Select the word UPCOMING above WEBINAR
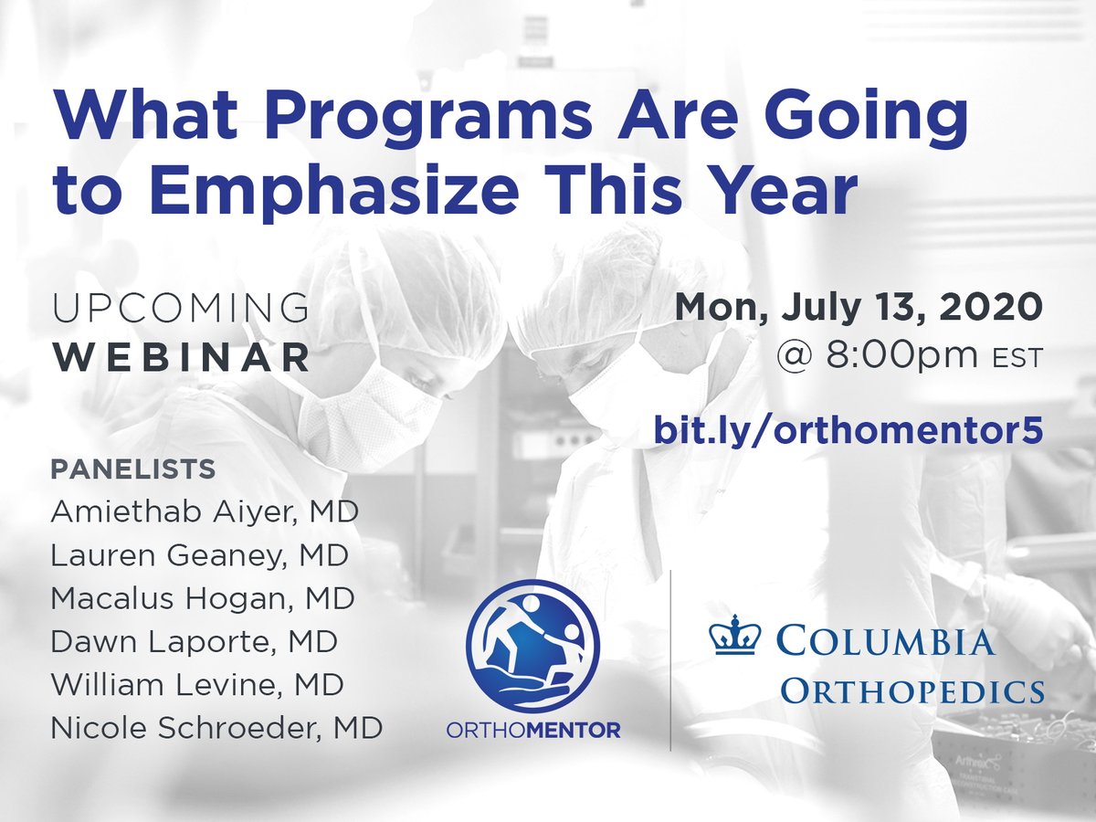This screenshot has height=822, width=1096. coord(181,310)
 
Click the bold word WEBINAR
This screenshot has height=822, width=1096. coord(181,358)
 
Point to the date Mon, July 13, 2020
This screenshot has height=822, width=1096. coord(858,308)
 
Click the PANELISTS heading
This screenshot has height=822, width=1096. coord(132,469)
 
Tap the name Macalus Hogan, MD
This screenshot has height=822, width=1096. coord(203,598)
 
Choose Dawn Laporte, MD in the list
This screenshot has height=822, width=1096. coord(194,641)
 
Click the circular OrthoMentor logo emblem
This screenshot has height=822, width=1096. coord(532,645)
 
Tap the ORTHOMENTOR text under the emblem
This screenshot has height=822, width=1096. coord(532,732)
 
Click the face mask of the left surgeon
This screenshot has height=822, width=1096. coord(365,420)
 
